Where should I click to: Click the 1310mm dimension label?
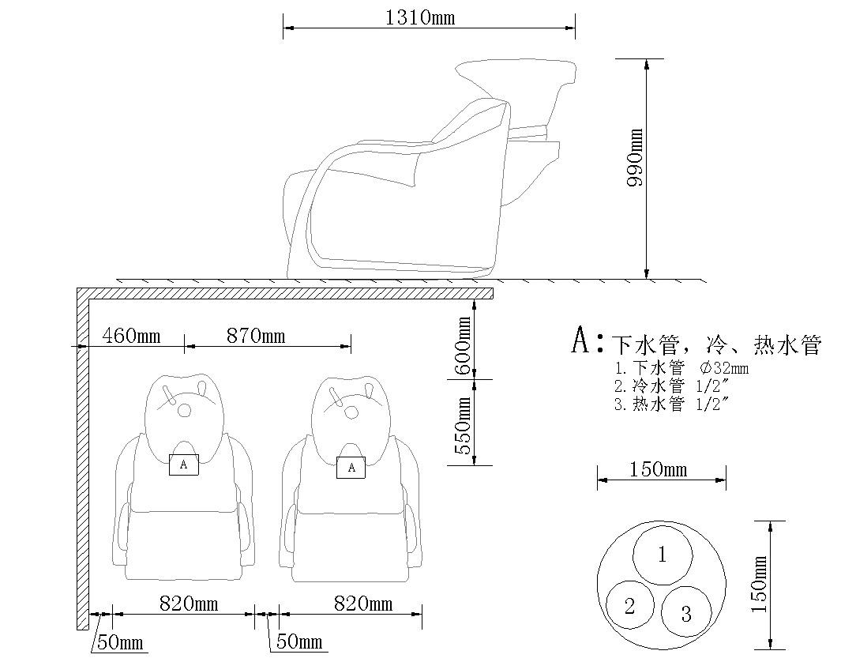pyautogui.click(x=419, y=17)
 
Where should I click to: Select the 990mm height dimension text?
pyautogui.click(x=634, y=158)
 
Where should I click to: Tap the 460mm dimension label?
pyautogui.click(x=131, y=336)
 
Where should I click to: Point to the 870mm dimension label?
pyautogui.click(x=257, y=336)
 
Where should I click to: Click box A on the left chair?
pyautogui.click(x=183, y=465)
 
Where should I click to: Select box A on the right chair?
pyautogui.click(x=351, y=468)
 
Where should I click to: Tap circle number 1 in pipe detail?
pyautogui.click(x=663, y=555)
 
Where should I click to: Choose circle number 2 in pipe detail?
pyautogui.click(x=630, y=606)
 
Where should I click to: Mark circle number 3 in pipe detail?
pyautogui.click(x=685, y=612)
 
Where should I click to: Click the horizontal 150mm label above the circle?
pyautogui.click(x=658, y=470)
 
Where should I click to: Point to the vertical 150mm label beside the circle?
pyautogui.click(x=760, y=585)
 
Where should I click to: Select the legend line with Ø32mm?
pyautogui.click(x=681, y=368)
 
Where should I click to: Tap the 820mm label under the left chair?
pyautogui.click(x=189, y=604)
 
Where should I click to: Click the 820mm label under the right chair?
pyautogui.click(x=362, y=604)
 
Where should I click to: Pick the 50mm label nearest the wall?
pyautogui.click(x=120, y=642)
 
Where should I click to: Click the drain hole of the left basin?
pyautogui.click(x=185, y=410)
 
